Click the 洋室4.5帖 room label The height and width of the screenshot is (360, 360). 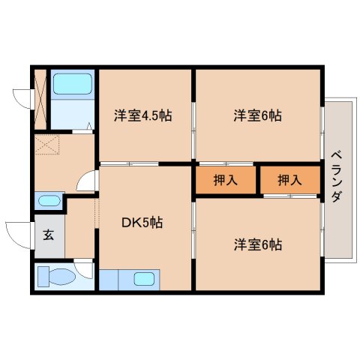point(143,116)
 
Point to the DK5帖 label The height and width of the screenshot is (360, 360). point(143,222)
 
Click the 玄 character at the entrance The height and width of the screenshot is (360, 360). point(48,235)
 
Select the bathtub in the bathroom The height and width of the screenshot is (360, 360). point(72,85)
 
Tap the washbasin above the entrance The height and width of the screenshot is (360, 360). point(49,201)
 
